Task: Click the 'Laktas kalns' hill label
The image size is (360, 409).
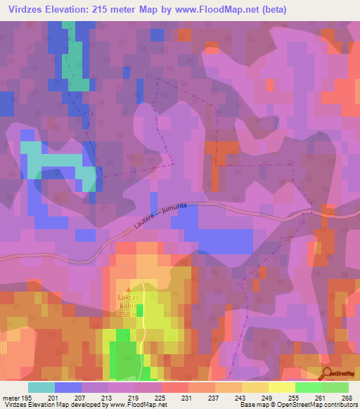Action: click(129, 301)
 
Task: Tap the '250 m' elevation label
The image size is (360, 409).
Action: click(129, 314)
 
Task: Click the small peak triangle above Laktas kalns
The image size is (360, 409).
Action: click(129, 290)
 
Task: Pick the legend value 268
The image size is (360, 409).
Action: click(346, 398)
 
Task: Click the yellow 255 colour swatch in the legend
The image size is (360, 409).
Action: click(281, 387)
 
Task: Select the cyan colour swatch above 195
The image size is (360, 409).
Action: click(41, 387)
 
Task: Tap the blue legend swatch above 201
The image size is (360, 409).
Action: click(68, 387)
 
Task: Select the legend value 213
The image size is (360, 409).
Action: click(108, 398)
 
